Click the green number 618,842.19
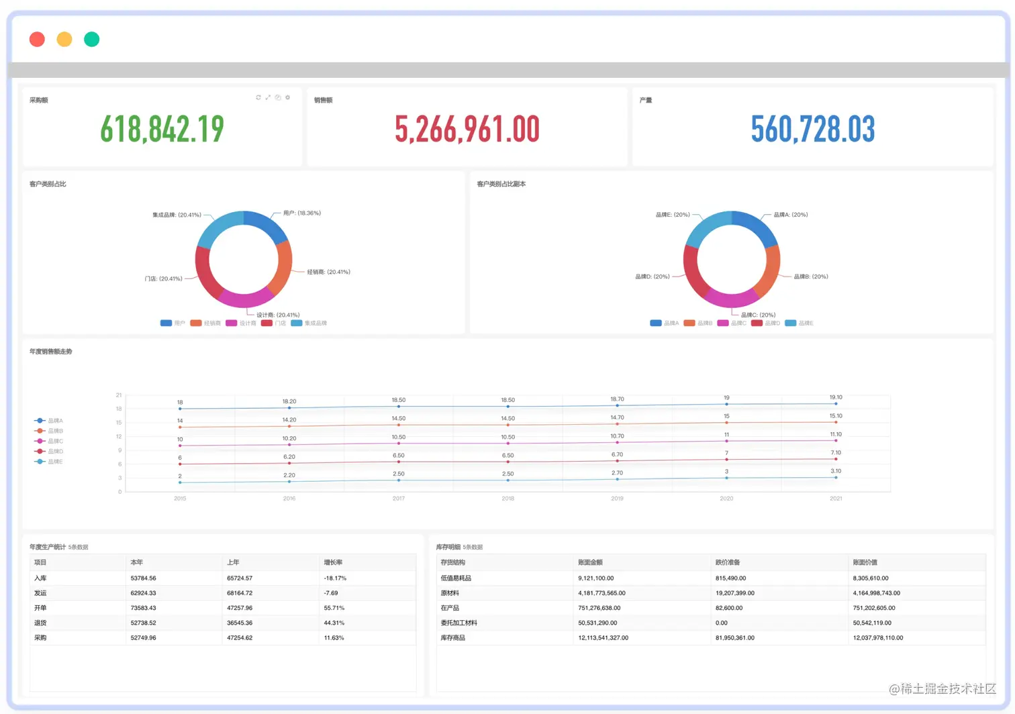tap(162, 129)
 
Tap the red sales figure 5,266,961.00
tap(467, 129)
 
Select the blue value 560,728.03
tap(812, 129)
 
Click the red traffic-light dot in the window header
tap(38, 40)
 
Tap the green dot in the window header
tap(91, 40)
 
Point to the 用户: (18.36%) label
tap(301, 213)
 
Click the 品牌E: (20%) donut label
tap(673, 215)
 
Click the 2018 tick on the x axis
tap(508, 499)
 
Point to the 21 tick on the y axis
tap(119, 395)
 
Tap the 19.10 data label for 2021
tap(836, 397)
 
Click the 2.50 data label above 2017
tap(399, 474)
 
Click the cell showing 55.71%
tap(334, 608)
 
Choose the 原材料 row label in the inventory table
tap(450, 593)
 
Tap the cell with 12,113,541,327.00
tap(603, 638)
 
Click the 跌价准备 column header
tap(728, 562)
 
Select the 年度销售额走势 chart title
tap(51, 352)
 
